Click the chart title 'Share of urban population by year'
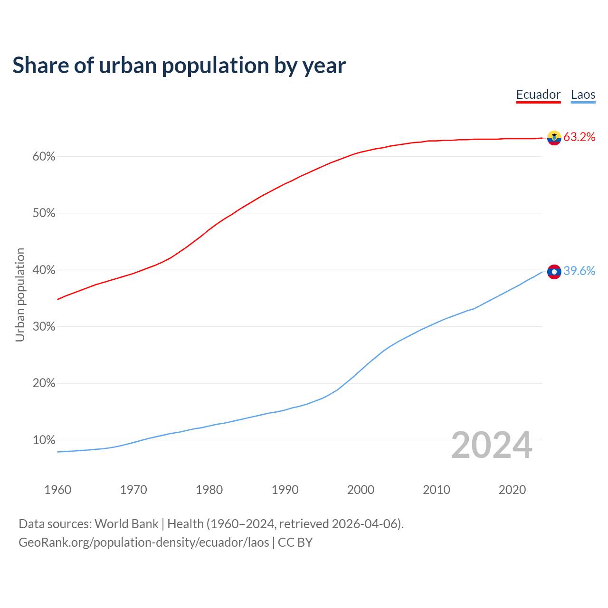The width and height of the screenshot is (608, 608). [179, 65]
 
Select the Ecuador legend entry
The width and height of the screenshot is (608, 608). [538, 95]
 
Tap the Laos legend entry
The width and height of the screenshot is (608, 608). [583, 95]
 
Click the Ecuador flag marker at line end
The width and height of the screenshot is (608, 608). [554, 138]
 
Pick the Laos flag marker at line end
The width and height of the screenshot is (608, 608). [554, 272]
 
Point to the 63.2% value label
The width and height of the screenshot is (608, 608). [579, 137]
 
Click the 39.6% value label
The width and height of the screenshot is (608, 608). [579, 271]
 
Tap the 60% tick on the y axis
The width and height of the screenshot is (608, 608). [44, 157]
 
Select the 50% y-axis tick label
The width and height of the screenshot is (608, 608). [44, 213]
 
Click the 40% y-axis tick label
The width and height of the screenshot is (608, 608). [44, 270]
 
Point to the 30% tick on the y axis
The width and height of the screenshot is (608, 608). [44, 327]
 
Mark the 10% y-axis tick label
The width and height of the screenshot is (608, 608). [44, 440]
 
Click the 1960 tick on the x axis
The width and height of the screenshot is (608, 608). [58, 490]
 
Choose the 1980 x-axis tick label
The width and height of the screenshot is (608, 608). [209, 490]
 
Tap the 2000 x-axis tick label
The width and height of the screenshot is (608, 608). [361, 490]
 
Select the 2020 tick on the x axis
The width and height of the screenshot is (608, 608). [512, 490]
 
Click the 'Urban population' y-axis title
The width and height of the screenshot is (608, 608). [20, 294]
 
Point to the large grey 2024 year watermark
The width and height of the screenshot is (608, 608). [492, 445]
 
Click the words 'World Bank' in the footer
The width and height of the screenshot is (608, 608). [126, 524]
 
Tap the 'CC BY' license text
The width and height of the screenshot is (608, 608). [295, 542]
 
